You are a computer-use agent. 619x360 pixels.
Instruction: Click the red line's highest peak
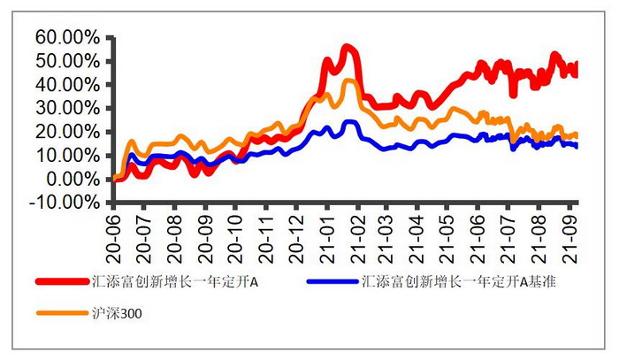(348, 47)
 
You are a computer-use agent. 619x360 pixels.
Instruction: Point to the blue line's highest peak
(349, 122)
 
